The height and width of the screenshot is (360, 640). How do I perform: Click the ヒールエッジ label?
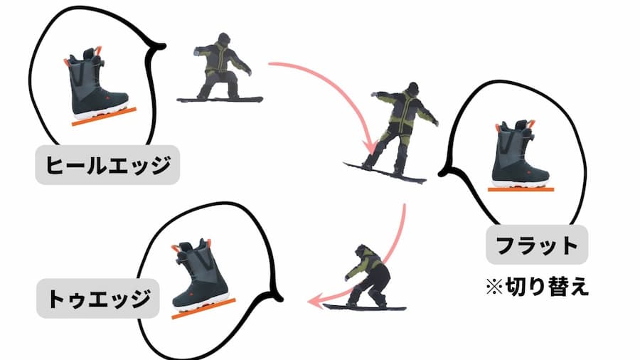coord(108,165)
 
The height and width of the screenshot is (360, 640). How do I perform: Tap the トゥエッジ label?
coord(98,298)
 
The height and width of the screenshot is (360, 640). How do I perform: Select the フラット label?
coord(537,245)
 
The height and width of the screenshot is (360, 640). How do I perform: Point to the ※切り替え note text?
coord(537,286)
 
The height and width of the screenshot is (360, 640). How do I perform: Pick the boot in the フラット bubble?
coord(521,154)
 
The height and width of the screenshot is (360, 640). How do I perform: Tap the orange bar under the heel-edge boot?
coord(104,117)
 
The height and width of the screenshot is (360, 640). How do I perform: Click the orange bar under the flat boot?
coord(521,189)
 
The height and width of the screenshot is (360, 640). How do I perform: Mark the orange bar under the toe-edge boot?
coord(203,309)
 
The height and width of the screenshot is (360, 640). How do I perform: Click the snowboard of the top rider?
coord(220,99)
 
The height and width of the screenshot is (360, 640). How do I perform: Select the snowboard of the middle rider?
coord(385,173)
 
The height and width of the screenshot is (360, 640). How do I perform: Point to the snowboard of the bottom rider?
coord(364,307)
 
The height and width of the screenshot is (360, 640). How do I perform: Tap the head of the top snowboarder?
coord(224,39)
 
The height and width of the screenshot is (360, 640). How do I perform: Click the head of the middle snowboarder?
coord(413,88)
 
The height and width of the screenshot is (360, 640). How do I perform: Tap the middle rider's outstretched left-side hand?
coord(373,95)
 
